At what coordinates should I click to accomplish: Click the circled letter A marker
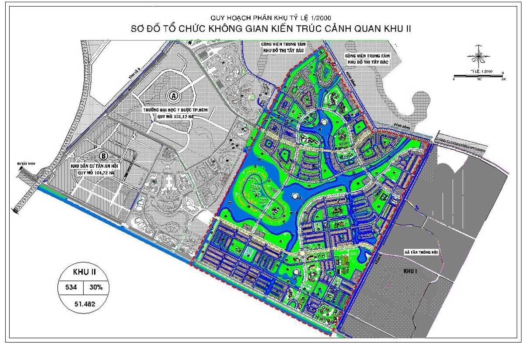coord(174,95)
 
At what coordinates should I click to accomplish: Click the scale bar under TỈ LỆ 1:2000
coord(479,76)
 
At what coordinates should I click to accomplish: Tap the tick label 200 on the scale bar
coord(503,80)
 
